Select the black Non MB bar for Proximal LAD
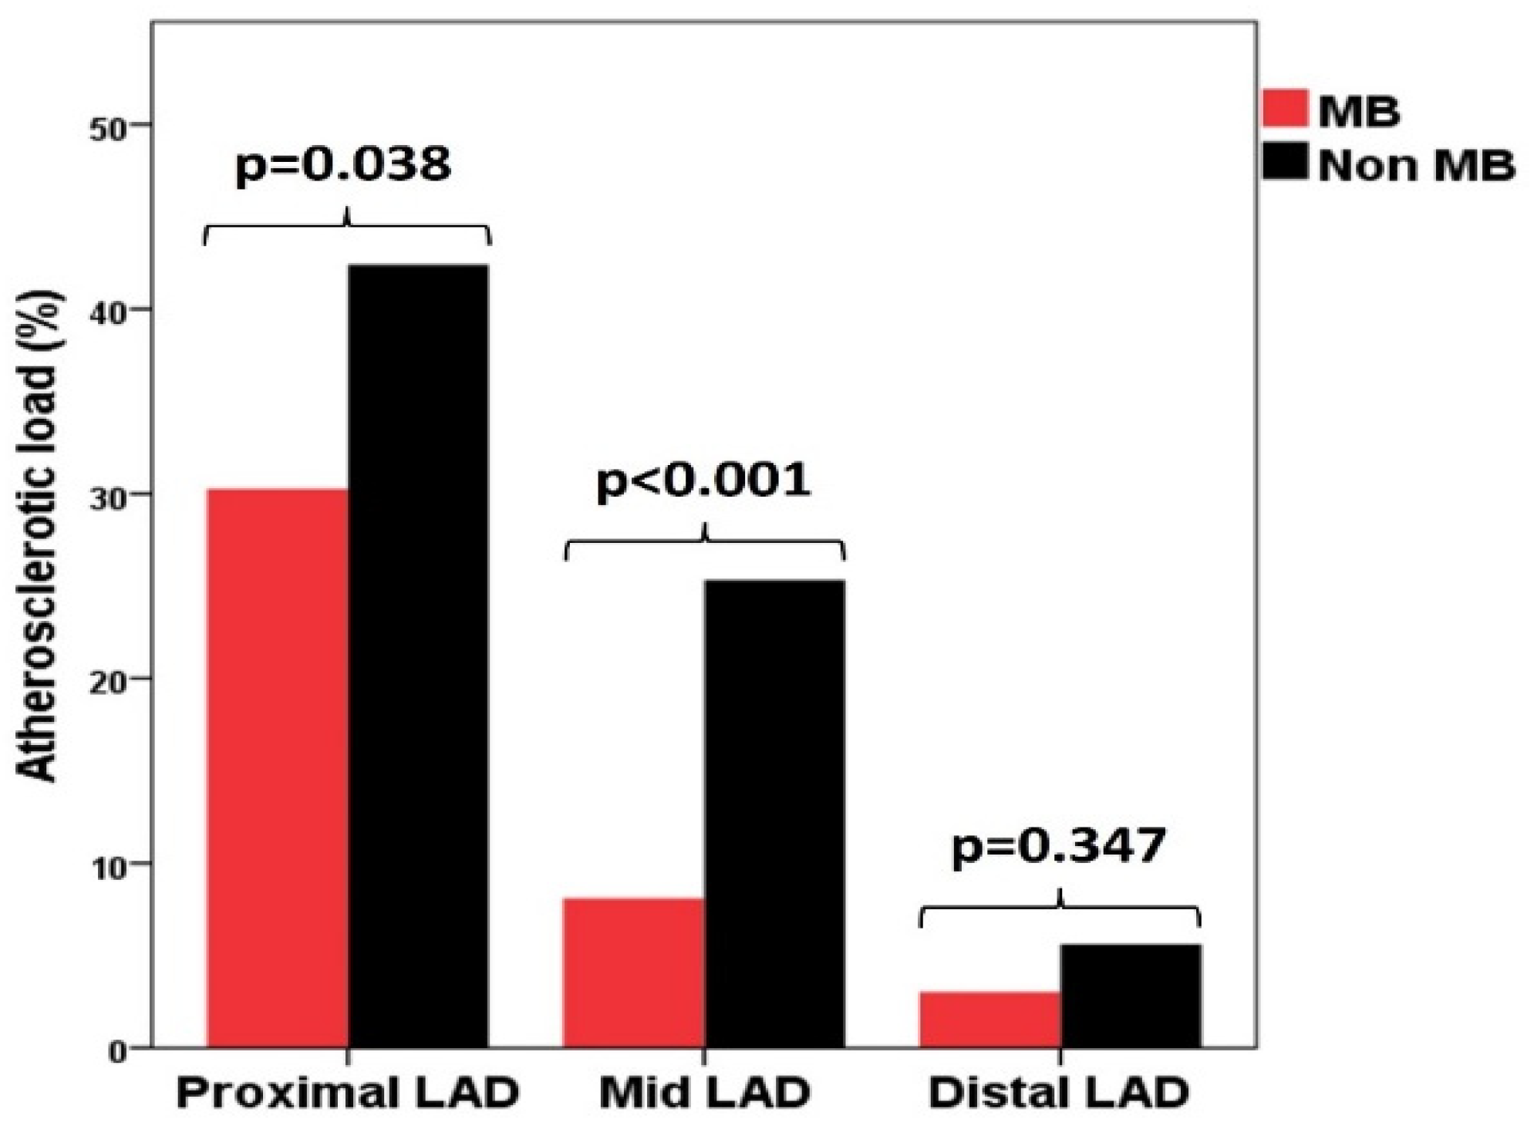419,656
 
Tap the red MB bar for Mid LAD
633,972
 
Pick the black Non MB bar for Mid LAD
774,814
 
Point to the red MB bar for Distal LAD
990,1019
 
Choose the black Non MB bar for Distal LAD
1131,996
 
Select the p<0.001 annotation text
703,482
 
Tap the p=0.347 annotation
1058,847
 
